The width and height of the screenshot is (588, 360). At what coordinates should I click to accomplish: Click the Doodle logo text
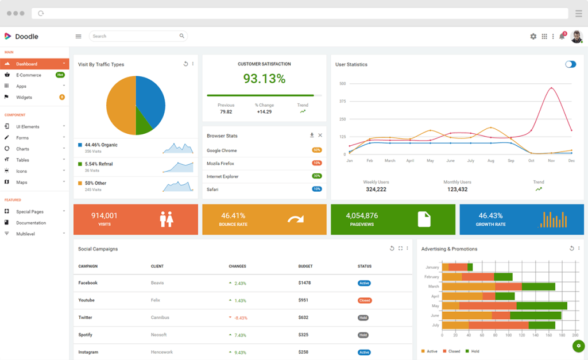(x=26, y=36)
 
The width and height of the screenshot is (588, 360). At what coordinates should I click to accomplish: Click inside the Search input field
(x=135, y=36)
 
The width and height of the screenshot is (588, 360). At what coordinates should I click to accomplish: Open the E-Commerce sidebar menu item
(x=29, y=75)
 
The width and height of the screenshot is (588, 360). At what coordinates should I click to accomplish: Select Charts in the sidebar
(x=22, y=149)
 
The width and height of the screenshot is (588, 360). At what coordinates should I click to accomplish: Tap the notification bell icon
(x=562, y=36)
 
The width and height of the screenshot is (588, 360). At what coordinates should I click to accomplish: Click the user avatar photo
(x=576, y=36)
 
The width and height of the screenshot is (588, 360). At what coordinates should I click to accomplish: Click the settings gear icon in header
(x=533, y=36)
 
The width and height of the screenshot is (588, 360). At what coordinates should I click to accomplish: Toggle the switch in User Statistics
(x=570, y=64)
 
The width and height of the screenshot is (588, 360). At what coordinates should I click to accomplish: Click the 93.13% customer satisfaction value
(x=264, y=79)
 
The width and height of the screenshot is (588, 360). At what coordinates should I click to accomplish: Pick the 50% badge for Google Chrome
(x=316, y=150)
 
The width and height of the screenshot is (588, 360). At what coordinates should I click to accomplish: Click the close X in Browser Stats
(x=320, y=136)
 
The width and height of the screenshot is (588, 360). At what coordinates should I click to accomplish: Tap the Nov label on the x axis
(x=551, y=161)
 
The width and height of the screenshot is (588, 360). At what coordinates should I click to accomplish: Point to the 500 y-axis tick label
(x=342, y=83)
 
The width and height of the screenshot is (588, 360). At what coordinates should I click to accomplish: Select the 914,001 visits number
(x=105, y=216)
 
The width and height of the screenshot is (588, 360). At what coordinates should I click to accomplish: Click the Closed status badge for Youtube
(x=365, y=300)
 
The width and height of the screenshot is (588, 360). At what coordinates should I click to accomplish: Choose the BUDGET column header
(x=305, y=266)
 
